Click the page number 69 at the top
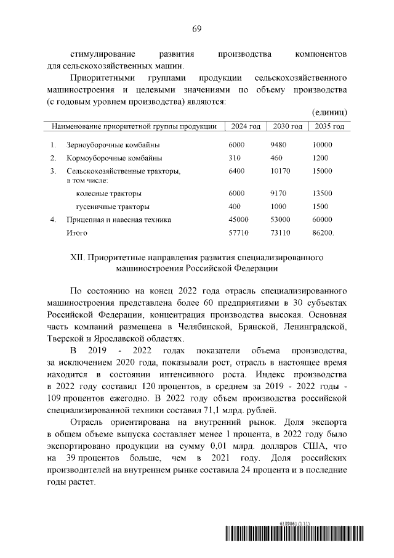tap(197, 29)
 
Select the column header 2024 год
tap(246, 126)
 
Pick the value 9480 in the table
tap(279, 145)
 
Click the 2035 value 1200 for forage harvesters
tap(320, 158)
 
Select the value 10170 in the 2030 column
tap(281, 171)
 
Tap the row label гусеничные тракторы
tap(112, 207)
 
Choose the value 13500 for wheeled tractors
tap(322, 193)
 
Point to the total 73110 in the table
tap(281, 233)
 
